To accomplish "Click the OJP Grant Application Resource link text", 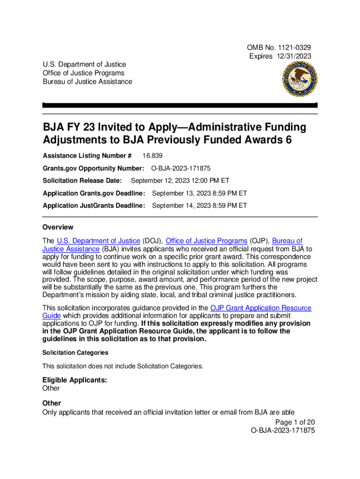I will tap(261, 308).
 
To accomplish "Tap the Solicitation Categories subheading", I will tap(75, 353).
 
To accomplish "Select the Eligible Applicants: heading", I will tap(75, 380).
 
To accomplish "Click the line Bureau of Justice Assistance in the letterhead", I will tap(87, 82).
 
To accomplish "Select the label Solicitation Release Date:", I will tap(82, 181).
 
